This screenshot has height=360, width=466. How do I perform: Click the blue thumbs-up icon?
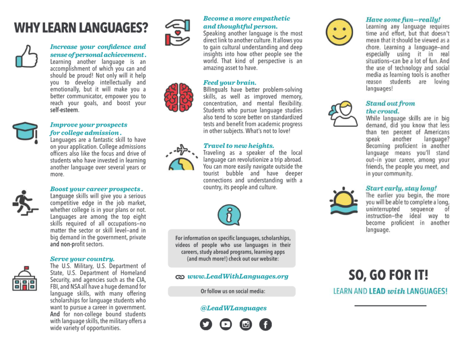[x=26, y=56]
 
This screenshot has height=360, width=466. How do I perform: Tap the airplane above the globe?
[x=182, y=149]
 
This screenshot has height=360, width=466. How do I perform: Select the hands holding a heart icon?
[x=177, y=32]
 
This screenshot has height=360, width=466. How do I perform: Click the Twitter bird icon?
[x=206, y=324]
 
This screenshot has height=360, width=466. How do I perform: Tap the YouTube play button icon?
[x=226, y=324]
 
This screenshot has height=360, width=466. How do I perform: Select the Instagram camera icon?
[x=246, y=324]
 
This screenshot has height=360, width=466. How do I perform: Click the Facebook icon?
[x=265, y=324]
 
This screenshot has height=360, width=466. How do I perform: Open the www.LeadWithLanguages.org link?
[x=238, y=276]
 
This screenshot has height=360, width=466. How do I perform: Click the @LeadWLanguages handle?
[x=233, y=308]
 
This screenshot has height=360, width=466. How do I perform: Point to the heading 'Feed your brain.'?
[x=229, y=83]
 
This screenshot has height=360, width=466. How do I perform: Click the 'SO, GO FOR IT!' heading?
[x=388, y=275]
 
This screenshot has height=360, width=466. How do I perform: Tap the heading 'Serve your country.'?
[x=82, y=259]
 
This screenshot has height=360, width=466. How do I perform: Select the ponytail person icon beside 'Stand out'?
[x=343, y=114]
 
